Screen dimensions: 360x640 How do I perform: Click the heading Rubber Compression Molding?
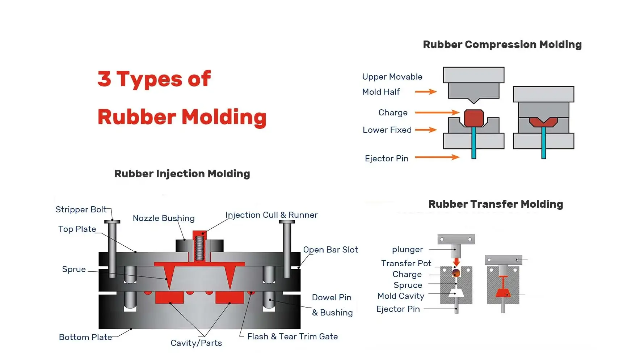pos(502,45)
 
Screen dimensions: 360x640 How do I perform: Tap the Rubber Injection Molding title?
pos(182,174)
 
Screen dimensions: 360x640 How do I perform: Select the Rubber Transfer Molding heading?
pos(496,204)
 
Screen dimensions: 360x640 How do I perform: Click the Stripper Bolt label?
pos(81,209)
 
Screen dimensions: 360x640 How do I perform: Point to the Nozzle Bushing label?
pos(164,218)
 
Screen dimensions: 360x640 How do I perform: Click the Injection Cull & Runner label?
pos(271,215)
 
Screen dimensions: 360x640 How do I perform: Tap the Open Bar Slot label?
pos(330,250)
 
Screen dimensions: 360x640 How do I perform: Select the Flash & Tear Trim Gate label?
pos(292,336)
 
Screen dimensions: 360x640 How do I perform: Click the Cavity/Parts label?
pos(196,343)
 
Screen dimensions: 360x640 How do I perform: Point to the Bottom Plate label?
pos(85,337)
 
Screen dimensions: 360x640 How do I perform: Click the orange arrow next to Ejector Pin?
pos(437,157)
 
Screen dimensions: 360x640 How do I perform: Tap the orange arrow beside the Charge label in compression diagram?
pos(437,113)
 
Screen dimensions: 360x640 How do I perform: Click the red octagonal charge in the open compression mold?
pos(474,118)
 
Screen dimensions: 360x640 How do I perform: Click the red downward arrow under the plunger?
pos(456,262)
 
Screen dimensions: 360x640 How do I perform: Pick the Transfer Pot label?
pos(406,263)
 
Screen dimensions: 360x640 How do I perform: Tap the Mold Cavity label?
pos(401,296)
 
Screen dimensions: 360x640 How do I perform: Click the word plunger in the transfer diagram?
pos(407,249)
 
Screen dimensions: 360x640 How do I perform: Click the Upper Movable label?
pos(392,77)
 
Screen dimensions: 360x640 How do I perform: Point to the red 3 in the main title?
pos(104,79)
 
